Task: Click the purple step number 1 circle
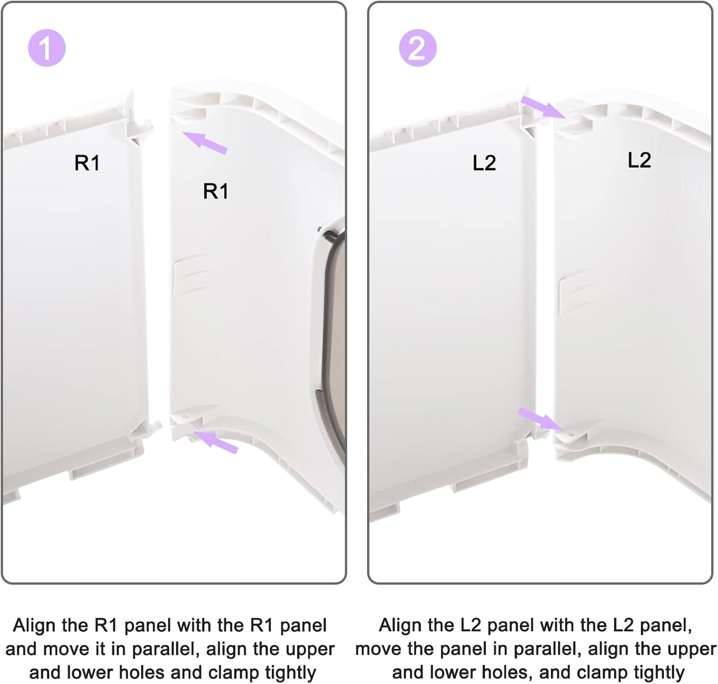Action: point(47,48)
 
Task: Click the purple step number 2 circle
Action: point(418,48)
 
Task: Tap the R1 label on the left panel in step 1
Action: point(87,163)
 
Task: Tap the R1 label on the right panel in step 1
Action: point(216,191)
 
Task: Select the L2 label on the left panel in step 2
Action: point(484,163)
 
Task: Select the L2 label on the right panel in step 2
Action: point(639,160)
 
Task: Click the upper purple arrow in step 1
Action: point(205,143)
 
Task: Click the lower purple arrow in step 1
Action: point(216,442)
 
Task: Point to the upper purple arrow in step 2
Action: point(543,107)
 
